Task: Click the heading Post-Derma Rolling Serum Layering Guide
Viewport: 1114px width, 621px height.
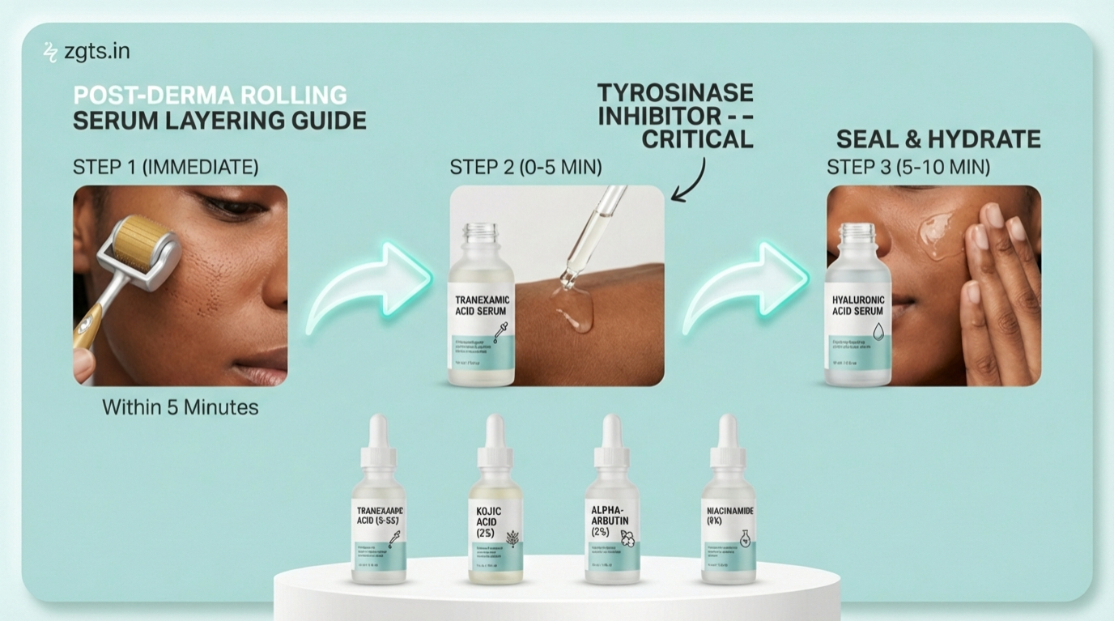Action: (x=219, y=108)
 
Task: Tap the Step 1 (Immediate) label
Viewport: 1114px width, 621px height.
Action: (x=165, y=167)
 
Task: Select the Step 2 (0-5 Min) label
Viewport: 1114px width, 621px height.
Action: (x=525, y=167)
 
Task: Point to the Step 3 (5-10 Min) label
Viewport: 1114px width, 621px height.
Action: (x=908, y=167)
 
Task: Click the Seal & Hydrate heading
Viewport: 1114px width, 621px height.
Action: (x=938, y=139)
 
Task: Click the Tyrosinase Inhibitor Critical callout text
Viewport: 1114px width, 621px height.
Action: (x=675, y=115)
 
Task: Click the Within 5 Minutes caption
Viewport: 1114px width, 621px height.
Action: (x=180, y=407)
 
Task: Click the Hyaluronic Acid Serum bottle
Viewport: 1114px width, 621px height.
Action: (x=858, y=312)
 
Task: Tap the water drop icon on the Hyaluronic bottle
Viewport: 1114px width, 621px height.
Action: (x=878, y=330)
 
